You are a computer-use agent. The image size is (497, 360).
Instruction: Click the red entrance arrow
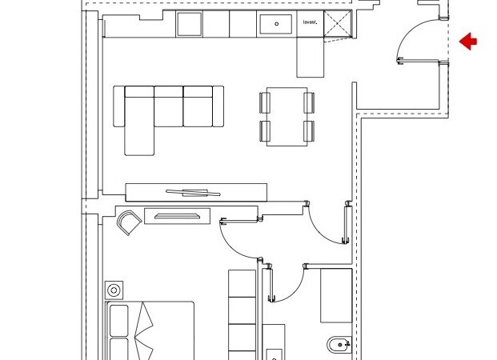[x=468, y=41]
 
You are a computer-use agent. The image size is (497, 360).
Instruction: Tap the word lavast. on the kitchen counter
[x=310, y=22]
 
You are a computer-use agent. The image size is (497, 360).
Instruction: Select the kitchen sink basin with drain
[x=276, y=24]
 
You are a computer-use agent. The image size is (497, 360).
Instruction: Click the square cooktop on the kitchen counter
[x=189, y=24]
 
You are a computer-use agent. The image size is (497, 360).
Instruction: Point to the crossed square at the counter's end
[x=338, y=23]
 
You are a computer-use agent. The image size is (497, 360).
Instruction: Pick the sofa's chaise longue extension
[x=139, y=126]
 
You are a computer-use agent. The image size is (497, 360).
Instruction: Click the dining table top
[x=287, y=117]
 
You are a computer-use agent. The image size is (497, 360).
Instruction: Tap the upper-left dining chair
[x=265, y=102]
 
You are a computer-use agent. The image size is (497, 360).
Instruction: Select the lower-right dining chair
[x=309, y=131]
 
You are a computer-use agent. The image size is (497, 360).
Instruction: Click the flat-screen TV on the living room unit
[x=193, y=193]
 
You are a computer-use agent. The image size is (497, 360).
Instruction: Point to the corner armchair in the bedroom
[x=129, y=222]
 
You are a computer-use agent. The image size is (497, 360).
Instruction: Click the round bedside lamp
[x=114, y=290]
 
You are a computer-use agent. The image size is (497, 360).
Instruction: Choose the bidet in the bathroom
[x=339, y=345]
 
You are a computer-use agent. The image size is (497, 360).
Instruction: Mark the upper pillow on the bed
[x=119, y=320]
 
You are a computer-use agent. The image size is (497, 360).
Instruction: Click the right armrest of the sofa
[x=218, y=106]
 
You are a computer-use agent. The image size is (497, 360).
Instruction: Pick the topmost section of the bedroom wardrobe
[x=242, y=283]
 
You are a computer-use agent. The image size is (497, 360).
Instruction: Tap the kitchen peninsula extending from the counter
[x=311, y=57]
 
